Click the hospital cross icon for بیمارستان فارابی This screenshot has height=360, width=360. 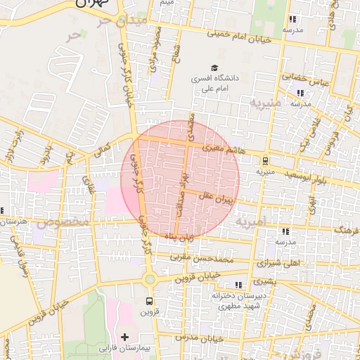125,337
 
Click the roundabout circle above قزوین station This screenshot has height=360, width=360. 149,279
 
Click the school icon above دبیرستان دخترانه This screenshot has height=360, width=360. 238,284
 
